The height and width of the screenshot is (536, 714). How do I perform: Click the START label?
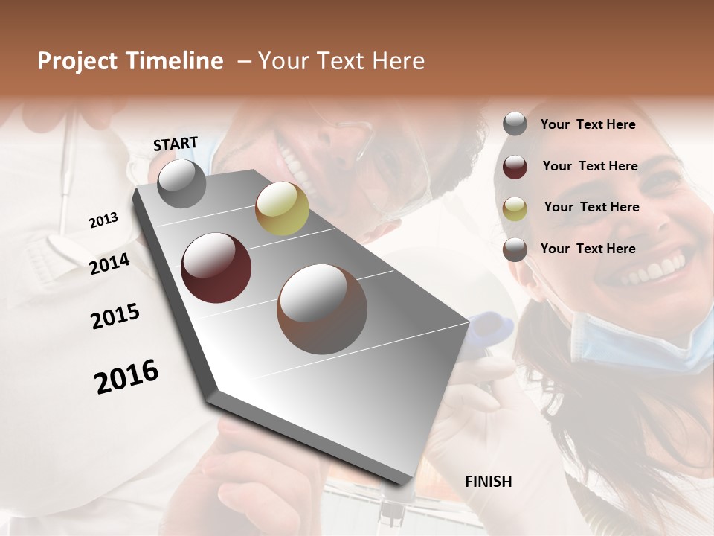tap(176, 144)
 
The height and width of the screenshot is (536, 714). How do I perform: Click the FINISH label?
tap(488, 482)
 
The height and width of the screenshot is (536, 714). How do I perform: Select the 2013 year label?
tap(103, 220)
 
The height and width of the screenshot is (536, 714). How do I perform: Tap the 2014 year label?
tap(109, 264)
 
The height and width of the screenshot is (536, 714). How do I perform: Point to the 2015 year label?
tap(115, 316)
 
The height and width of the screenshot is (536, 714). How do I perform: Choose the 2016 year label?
tap(126, 376)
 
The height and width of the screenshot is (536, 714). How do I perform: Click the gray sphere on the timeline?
tap(181, 183)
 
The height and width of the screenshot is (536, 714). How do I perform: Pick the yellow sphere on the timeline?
tap(282, 208)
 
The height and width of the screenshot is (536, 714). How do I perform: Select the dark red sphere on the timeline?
tap(216, 267)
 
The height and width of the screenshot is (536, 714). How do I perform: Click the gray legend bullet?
tap(515, 124)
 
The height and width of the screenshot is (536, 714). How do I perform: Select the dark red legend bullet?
tap(515, 167)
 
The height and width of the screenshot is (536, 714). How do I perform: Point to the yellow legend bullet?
tap(515, 208)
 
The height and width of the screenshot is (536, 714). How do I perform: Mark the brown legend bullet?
tap(515, 249)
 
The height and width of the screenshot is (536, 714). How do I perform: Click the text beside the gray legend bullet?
tap(588, 124)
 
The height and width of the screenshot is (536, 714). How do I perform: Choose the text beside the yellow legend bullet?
tap(591, 207)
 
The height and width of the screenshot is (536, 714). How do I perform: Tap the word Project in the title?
tap(78, 61)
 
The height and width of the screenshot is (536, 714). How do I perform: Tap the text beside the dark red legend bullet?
tap(590, 166)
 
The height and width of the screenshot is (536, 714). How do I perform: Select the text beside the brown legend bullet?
tap(588, 249)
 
